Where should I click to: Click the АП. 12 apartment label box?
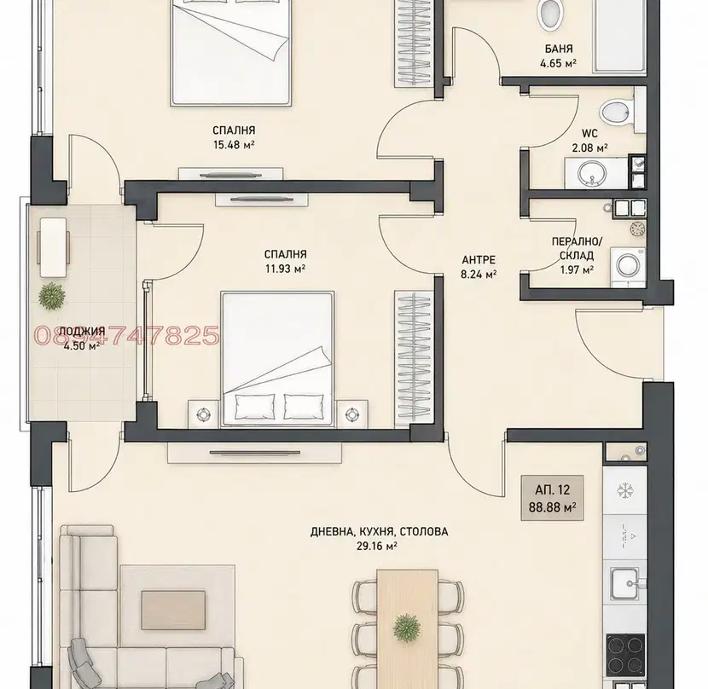point(552,498)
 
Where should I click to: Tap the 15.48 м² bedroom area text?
point(234,145)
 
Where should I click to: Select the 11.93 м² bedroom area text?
point(286,269)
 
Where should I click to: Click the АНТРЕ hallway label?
point(479,259)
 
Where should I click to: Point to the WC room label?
point(589,134)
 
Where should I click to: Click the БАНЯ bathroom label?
point(559,49)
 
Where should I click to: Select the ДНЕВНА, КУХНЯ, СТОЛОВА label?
point(380,531)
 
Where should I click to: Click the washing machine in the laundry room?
point(628,266)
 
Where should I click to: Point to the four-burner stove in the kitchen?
point(625,656)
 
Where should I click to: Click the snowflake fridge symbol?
point(625,490)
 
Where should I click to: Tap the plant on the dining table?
point(407,627)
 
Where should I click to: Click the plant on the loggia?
point(52,296)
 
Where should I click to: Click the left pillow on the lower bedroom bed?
point(255,407)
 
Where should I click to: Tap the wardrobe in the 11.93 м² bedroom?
point(413,359)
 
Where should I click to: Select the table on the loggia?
point(53,247)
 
